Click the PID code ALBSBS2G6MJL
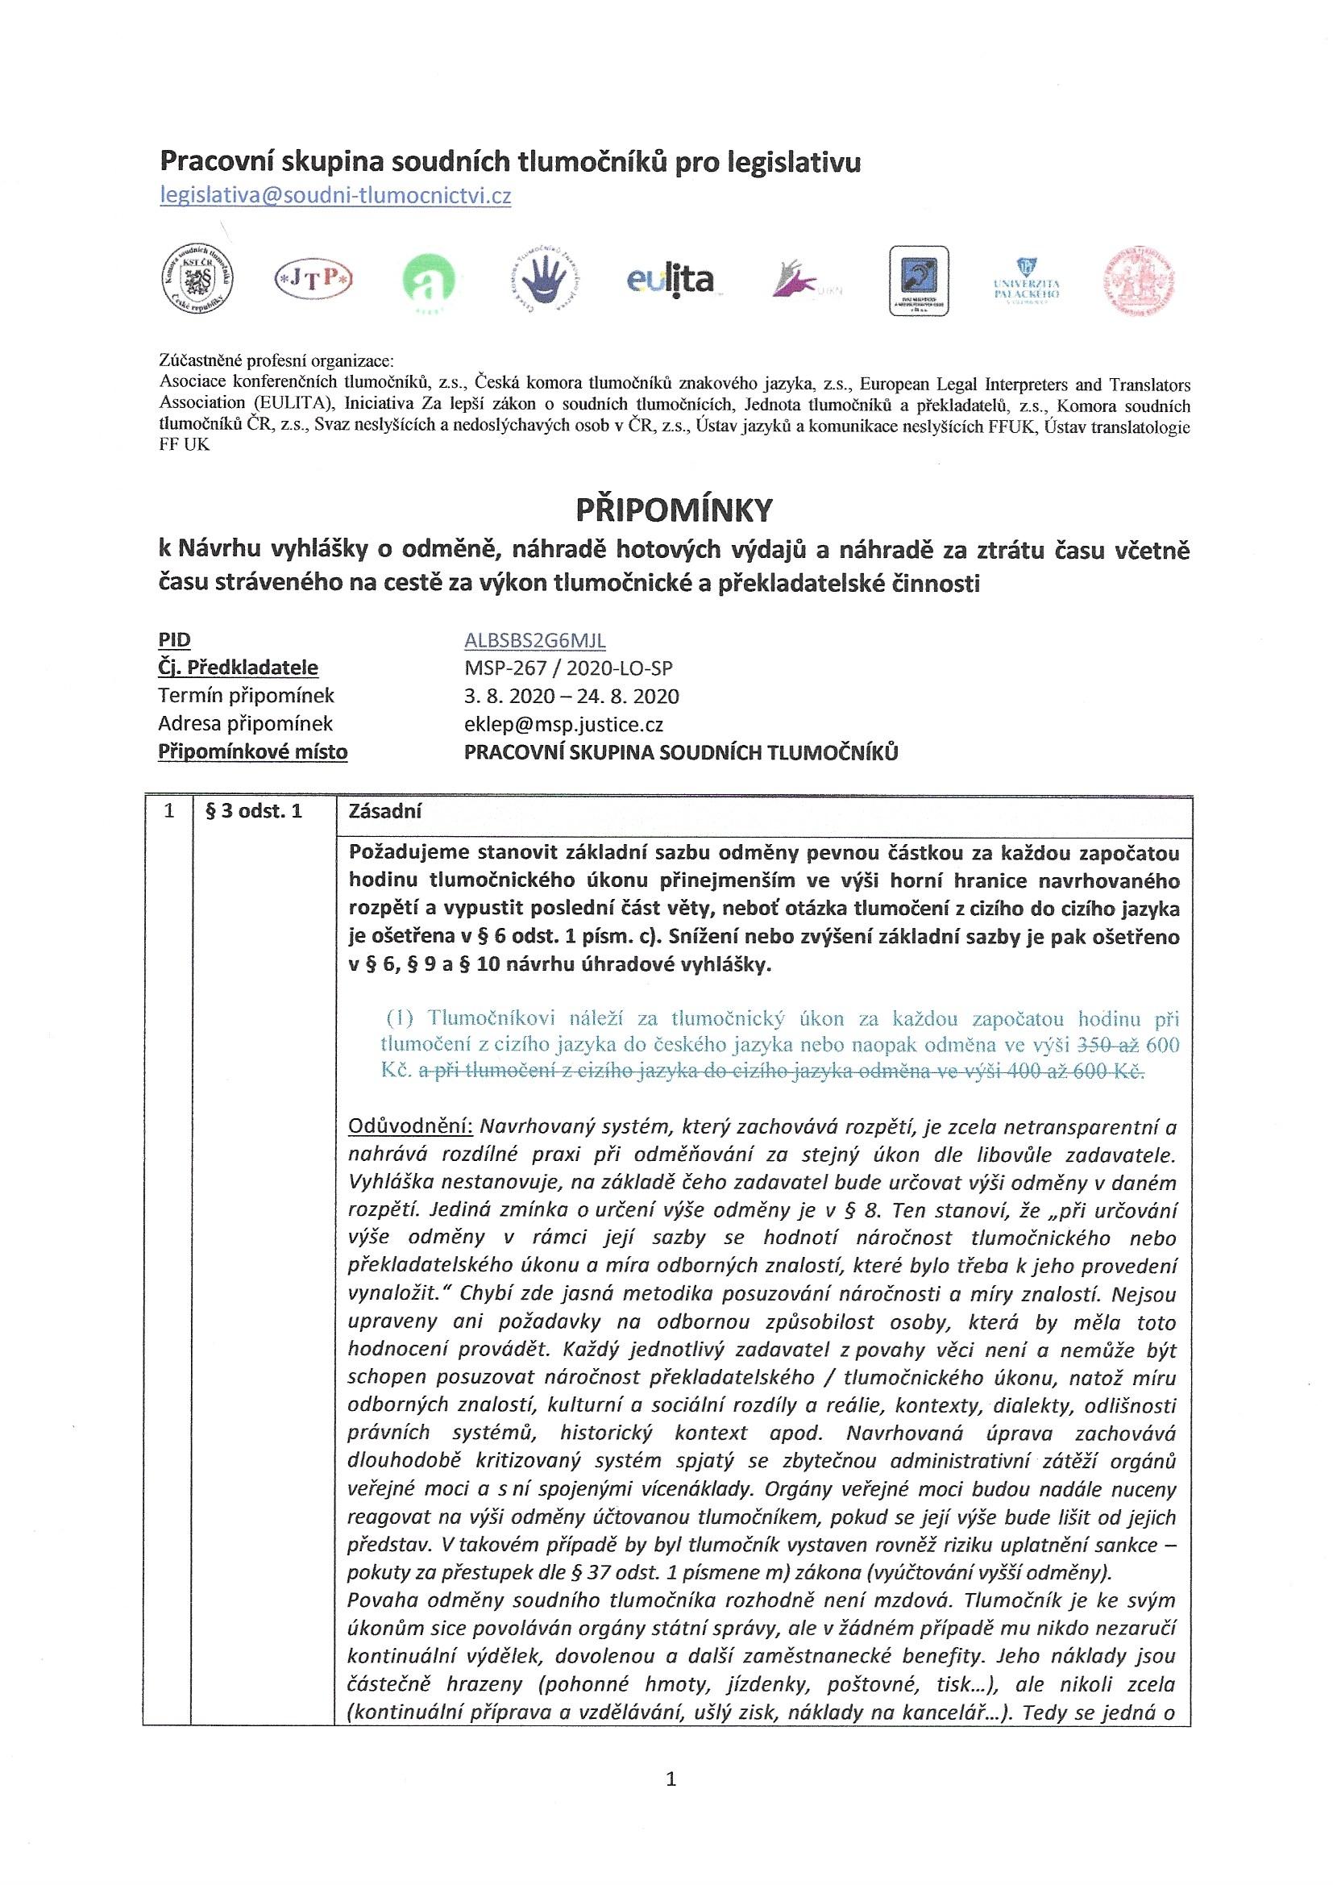(x=535, y=640)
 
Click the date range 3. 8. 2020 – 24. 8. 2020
(x=571, y=697)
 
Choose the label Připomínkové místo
(x=253, y=752)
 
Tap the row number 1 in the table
(x=169, y=812)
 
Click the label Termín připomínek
(x=247, y=697)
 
